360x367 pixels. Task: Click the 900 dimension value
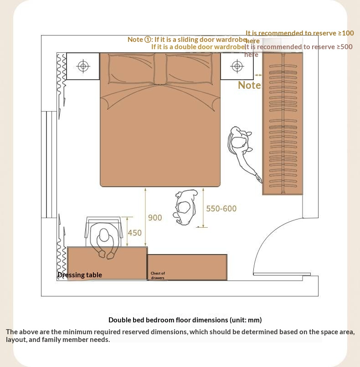[155, 218]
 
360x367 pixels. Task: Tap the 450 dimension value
[135, 233]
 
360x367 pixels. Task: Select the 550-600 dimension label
[221, 209]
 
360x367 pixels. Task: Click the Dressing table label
[80, 275]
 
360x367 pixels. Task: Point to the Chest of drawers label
[158, 275]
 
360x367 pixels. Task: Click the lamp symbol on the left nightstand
[83, 66]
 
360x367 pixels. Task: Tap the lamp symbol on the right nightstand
[237, 66]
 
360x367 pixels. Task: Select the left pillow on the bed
[131, 68]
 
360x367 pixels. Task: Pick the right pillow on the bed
[189, 68]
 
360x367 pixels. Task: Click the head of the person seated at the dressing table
[104, 235]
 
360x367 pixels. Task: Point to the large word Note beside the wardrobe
[249, 85]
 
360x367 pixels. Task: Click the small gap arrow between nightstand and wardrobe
[258, 75]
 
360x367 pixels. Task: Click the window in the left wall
[49, 164]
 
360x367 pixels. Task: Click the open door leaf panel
[282, 274]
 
